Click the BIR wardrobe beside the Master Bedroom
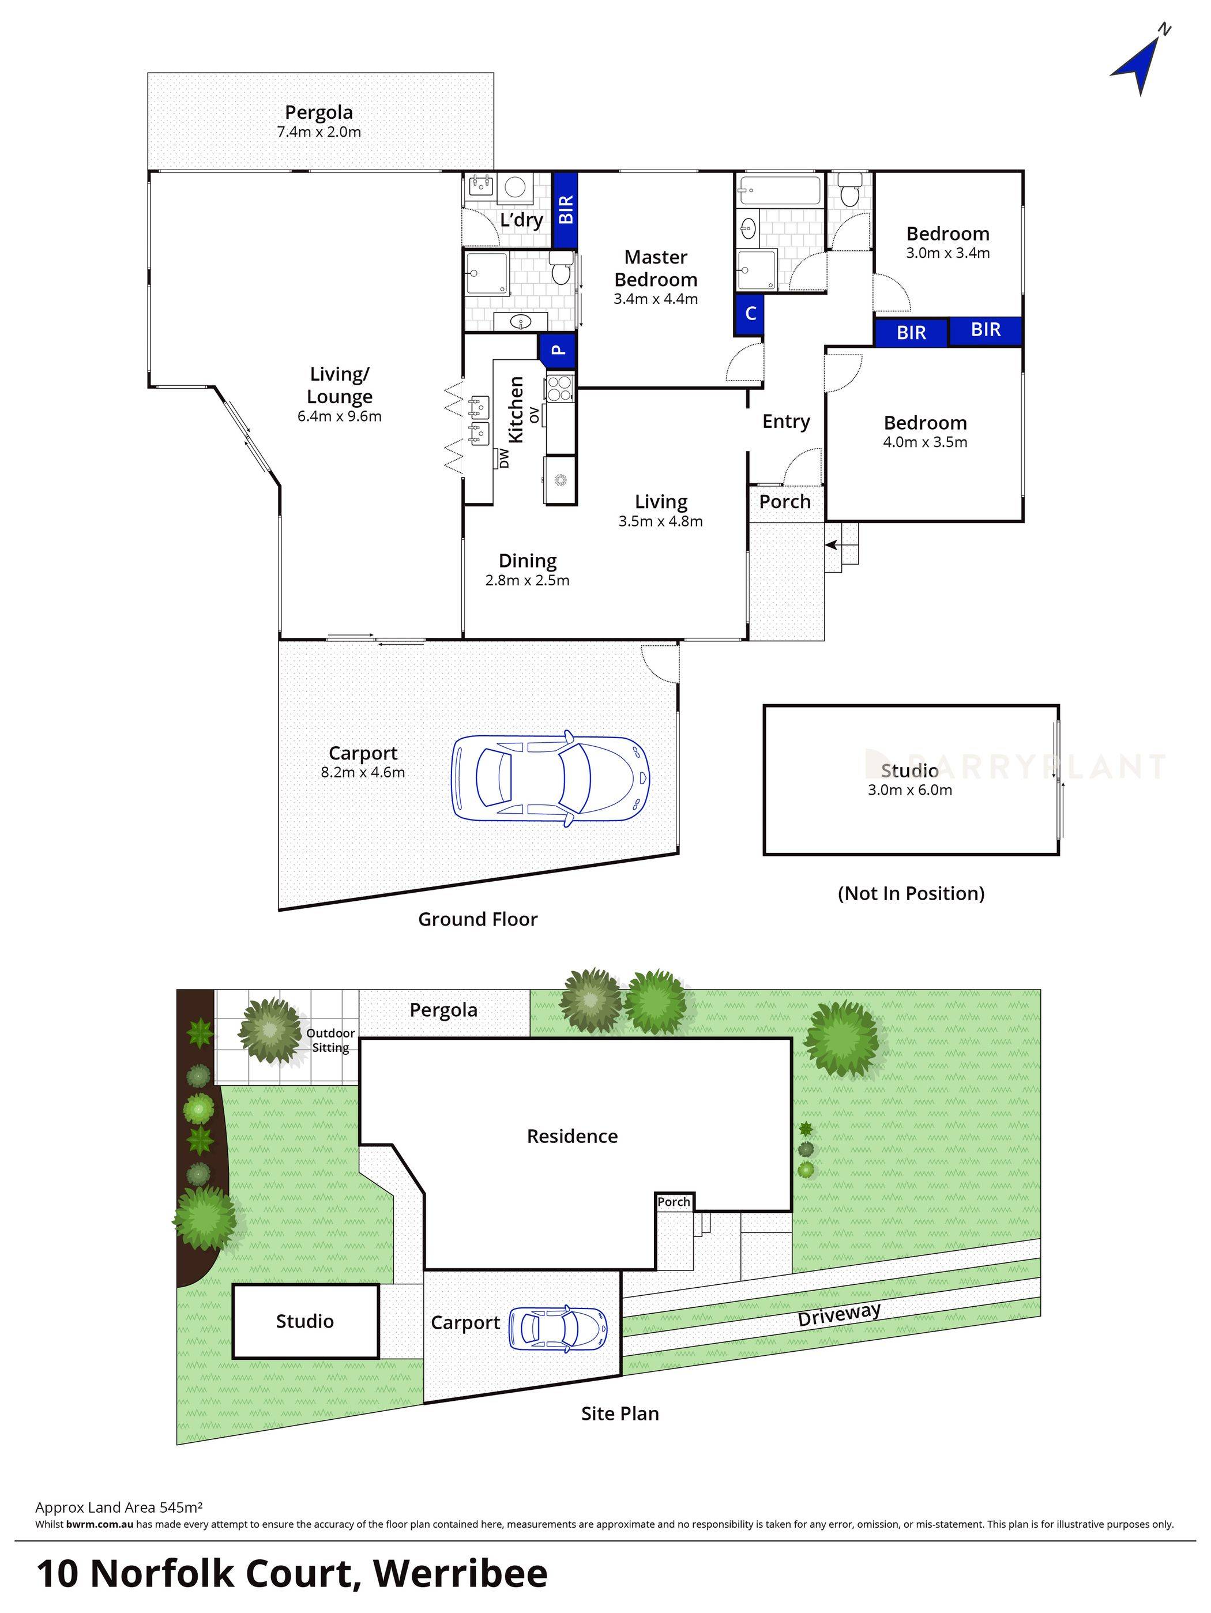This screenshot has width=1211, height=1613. pos(565,209)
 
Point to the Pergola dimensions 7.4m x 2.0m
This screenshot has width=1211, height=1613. pos(318,132)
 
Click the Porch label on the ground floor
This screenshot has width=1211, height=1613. pos(784,502)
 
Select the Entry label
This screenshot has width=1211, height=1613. pos(786,422)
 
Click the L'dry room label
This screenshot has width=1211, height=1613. pos(521,220)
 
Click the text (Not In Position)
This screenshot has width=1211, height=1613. pos(911,893)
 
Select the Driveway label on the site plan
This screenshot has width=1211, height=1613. pos(838,1315)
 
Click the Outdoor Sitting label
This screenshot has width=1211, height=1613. pos(330,1040)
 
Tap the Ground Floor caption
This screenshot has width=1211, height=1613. pos(477,919)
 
